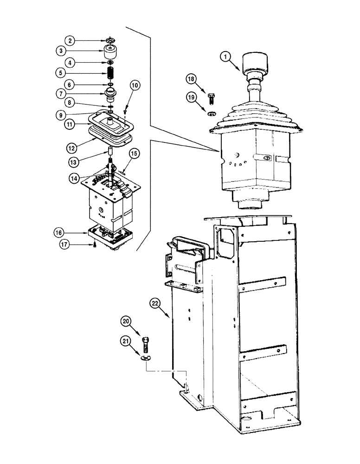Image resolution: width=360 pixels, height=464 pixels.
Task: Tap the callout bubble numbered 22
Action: [x=155, y=304]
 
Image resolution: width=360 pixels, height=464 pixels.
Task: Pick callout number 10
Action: [x=135, y=85]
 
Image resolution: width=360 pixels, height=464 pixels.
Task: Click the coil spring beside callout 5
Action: [x=111, y=73]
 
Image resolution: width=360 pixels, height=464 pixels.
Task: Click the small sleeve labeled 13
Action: [x=111, y=152]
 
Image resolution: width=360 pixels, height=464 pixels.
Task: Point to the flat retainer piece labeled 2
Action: [x=110, y=39]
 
